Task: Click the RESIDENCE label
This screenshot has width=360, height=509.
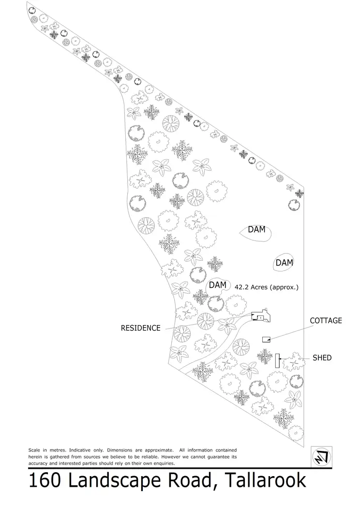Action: point(140,328)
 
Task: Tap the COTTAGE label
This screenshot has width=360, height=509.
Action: point(326,321)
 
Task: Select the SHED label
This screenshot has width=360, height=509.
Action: point(322,358)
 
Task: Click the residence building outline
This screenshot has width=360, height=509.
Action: point(262,315)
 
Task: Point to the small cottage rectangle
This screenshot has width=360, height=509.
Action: point(266,339)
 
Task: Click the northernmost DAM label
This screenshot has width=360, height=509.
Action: point(256,229)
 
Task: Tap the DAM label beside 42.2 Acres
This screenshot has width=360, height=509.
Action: point(217,285)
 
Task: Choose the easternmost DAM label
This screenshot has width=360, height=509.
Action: point(284,263)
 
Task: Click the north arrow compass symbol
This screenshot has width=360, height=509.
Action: point(321,456)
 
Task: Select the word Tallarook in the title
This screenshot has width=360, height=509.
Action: point(264,481)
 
